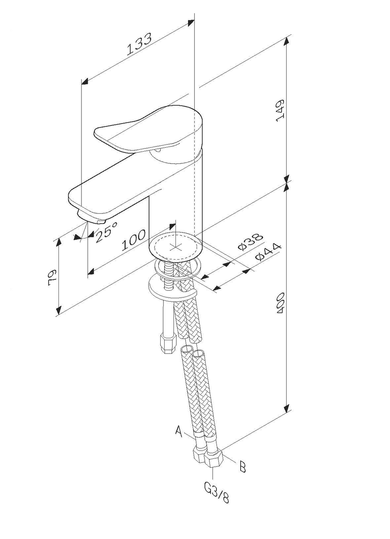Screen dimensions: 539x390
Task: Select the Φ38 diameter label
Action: point(251,242)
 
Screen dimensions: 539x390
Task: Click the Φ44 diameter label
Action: point(268,252)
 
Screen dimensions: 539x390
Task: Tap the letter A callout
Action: point(179,431)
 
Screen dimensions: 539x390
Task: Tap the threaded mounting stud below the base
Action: point(168,277)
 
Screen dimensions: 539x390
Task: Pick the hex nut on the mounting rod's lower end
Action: point(168,343)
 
